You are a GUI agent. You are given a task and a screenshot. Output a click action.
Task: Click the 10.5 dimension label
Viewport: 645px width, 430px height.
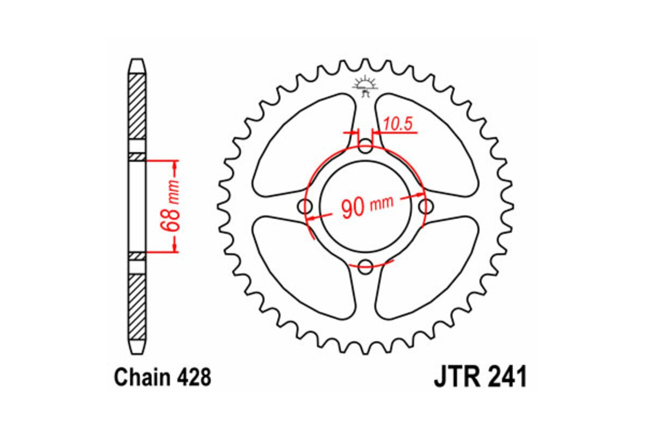pos(398,124)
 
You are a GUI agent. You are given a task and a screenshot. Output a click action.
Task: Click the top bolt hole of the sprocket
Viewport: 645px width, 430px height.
pos(365,147)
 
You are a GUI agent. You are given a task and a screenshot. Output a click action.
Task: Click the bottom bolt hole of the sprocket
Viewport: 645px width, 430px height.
pos(365,264)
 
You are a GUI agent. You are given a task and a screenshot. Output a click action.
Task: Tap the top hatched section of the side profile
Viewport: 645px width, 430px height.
pos(137,105)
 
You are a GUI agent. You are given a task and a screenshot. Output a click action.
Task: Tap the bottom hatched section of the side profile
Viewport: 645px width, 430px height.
pos(137,304)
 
